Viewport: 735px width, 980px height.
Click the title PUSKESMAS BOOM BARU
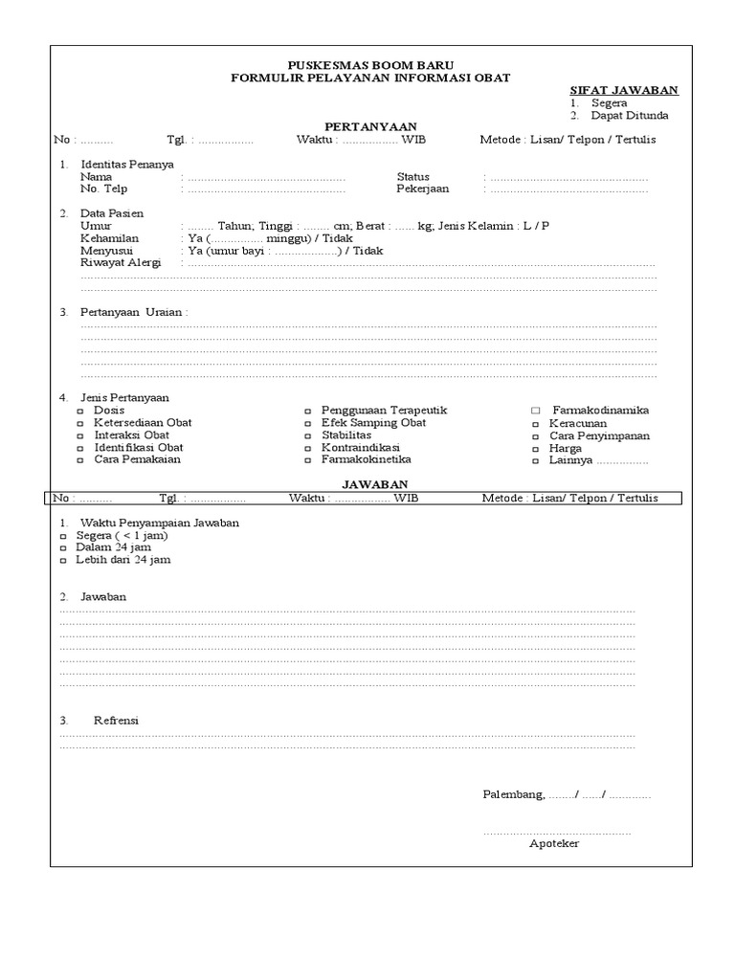click(x=370, y=65)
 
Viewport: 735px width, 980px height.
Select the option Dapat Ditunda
click(x=629, y=116)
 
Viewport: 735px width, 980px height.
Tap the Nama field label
click(x=96, y=177)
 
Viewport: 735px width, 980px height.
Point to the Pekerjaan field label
click(x=423, y=189)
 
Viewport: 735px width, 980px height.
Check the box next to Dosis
click(x=80, y=411)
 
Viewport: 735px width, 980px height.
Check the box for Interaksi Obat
click(x=80, y=435)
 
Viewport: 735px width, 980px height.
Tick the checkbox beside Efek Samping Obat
click(x=308, y=423)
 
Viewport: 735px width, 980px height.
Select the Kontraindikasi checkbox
click(x=308, y=448)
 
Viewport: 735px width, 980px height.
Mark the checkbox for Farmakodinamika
click(x=536, y=411)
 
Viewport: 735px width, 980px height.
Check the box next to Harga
click(x=536, y=448)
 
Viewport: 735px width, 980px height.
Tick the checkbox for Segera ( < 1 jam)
click(x=64, y=536)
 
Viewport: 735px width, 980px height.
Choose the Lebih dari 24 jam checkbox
click(x=64, y=561)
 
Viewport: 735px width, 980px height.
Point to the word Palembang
click(x=513, y=795)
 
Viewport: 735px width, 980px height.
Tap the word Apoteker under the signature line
click(x=554, y=843)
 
